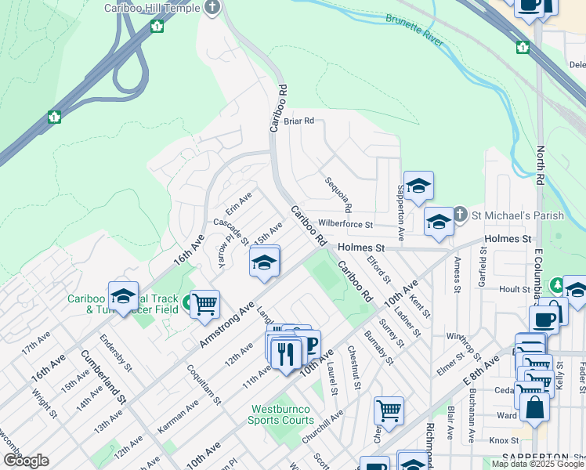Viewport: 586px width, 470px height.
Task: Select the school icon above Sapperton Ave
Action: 418,186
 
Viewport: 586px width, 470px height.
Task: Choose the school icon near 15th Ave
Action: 265,262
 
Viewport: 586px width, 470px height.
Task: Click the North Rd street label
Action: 540,164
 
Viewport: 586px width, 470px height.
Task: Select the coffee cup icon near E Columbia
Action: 544,320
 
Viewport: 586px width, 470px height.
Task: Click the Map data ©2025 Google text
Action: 536,465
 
